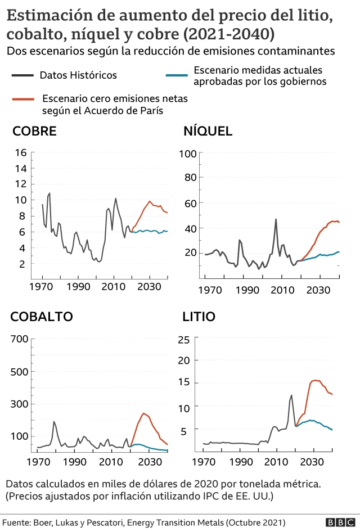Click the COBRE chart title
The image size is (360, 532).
[34, 132]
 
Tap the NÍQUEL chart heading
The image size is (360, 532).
[208, 132]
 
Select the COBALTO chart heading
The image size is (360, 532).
[42, 317]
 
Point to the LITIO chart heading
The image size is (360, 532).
[199, 317]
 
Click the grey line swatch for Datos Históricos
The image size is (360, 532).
[22, 75]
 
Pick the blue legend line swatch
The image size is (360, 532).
[177, 75]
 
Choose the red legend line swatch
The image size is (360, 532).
[22, 99]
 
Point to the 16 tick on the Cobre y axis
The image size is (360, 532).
[21, 152]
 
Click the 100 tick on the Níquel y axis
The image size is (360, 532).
[187, 154]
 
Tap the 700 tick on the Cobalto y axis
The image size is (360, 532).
[19, 339]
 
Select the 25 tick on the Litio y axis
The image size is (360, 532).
[183, 339]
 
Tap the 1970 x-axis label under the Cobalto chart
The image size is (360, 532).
[38, 462]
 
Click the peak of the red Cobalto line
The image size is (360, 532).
[144, 413]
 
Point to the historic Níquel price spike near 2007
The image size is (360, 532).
[276, 219]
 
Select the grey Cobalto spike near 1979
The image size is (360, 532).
[54, 421]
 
